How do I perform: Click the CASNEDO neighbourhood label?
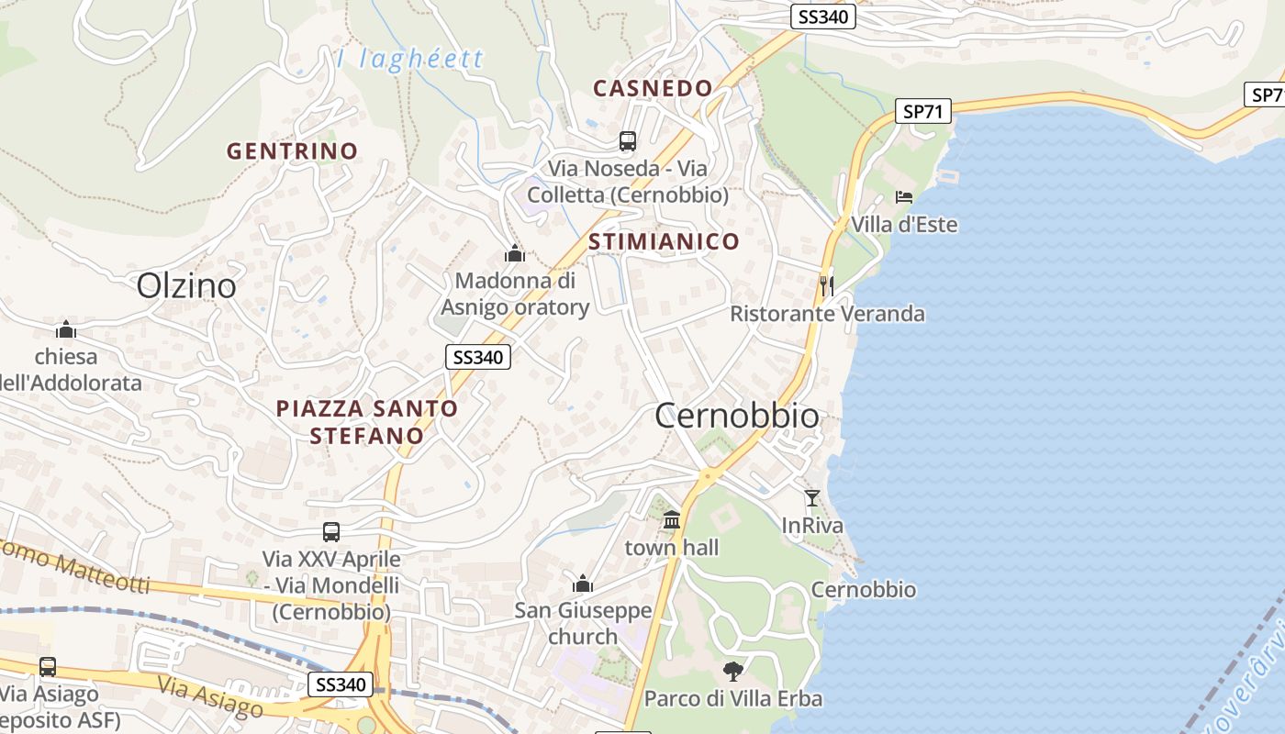[x=653, y=88]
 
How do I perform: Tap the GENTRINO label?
[x=292, y=150]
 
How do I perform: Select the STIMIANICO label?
[x=664, y=241]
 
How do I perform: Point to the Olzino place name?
[x=186, y=286]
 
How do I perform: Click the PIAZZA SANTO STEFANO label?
[x=367, y=421]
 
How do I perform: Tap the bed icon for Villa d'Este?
[x=904, y=196]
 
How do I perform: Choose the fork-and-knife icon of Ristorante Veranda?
[x=826, y=284]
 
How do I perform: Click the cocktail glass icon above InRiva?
[x=811, y=497]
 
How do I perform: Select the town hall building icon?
[x=672, y=520]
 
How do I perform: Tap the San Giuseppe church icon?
[x=583, y=584]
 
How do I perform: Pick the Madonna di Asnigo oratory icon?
[x=515, y=252]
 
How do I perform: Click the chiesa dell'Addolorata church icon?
[x=65, y=329]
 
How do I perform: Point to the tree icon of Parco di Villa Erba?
[x=732, y=671]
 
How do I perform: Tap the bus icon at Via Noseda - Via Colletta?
[x=628, y=141]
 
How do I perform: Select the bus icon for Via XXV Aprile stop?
[x=331, y=531]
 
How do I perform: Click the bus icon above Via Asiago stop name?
[x=48, y=667]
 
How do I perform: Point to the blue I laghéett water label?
[x=410, y=60]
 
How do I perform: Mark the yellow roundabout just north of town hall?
[x=706, y=476]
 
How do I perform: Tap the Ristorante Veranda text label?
[x=827, y=314]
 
